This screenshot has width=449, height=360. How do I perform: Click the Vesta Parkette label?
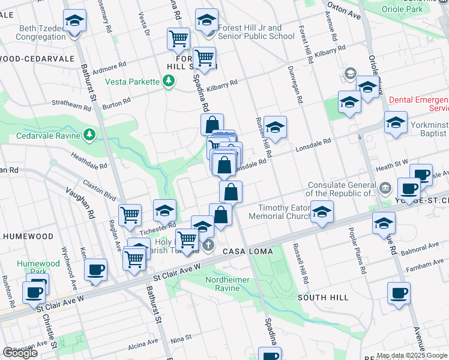(132, 82)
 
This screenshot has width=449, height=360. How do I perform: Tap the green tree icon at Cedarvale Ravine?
(89, 134)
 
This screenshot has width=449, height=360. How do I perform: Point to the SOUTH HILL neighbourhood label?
(322, 298)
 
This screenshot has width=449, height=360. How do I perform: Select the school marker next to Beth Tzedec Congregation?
(74, 22)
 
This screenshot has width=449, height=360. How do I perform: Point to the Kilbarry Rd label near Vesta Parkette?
(221, 85)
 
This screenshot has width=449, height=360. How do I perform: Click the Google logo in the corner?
(20, 353)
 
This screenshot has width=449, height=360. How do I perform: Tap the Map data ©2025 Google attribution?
(412, 355)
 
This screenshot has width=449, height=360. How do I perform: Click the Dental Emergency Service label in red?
(419, 104)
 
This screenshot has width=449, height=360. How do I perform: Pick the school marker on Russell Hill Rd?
(275, 127)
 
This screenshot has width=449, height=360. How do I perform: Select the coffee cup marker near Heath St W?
(409, 188)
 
